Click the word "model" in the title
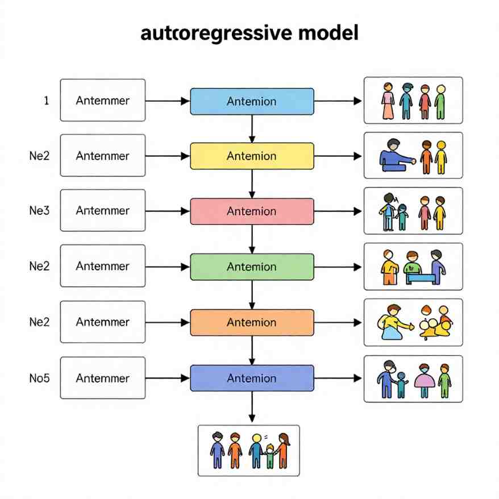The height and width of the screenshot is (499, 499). pos(328,34)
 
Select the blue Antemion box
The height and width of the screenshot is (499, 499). pos(252,101)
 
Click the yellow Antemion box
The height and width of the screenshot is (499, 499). pos(252,156)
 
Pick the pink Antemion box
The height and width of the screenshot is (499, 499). pos(252,211)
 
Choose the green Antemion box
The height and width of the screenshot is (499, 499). pos(252,267)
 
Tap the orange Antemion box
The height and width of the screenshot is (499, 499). pos(252,322)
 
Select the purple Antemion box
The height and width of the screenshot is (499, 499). pos(252,378)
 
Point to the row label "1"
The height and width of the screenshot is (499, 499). pos(46,101)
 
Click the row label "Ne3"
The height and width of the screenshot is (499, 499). pos(39,210)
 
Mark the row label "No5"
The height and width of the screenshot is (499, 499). pos(39,377)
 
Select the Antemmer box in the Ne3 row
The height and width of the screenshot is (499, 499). pos(103,211)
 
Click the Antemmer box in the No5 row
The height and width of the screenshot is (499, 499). pos(103,378)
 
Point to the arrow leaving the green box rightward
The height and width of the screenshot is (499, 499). pos(338,267)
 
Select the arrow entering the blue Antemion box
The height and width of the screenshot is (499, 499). pos(168,101)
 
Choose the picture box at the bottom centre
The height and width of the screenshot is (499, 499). pos(248,450)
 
